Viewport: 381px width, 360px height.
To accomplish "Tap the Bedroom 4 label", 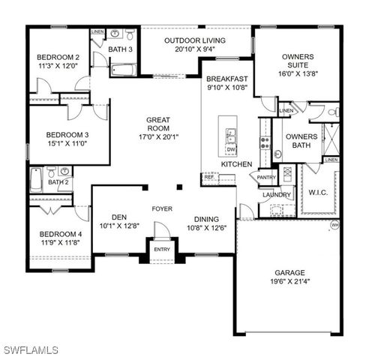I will [x=61, y=238].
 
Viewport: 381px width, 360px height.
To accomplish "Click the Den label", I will [x=115, y=220].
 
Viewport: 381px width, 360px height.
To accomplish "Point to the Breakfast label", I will [x=227, y=82].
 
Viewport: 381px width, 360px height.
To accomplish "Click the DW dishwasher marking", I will [x=230, y=148].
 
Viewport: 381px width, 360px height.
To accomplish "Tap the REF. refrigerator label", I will [x=208, y=177].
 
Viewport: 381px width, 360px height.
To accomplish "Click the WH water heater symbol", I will [x=334, y=224].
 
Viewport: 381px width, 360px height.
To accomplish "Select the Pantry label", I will [x=267, y=177].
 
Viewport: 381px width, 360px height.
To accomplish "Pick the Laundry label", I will [x=275, y=195].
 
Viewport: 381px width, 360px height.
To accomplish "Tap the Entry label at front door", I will [x=162, y=250].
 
